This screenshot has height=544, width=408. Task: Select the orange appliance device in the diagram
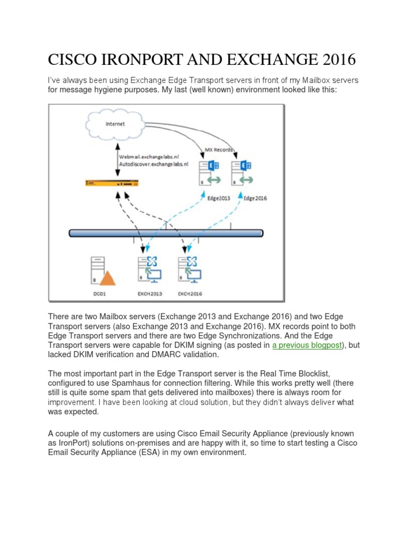click(112, 183)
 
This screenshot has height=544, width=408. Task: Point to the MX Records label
click(219, 149)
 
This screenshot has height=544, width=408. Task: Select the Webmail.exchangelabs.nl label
click(154, 158)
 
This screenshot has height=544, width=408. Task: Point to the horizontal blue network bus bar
click(166, 233)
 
